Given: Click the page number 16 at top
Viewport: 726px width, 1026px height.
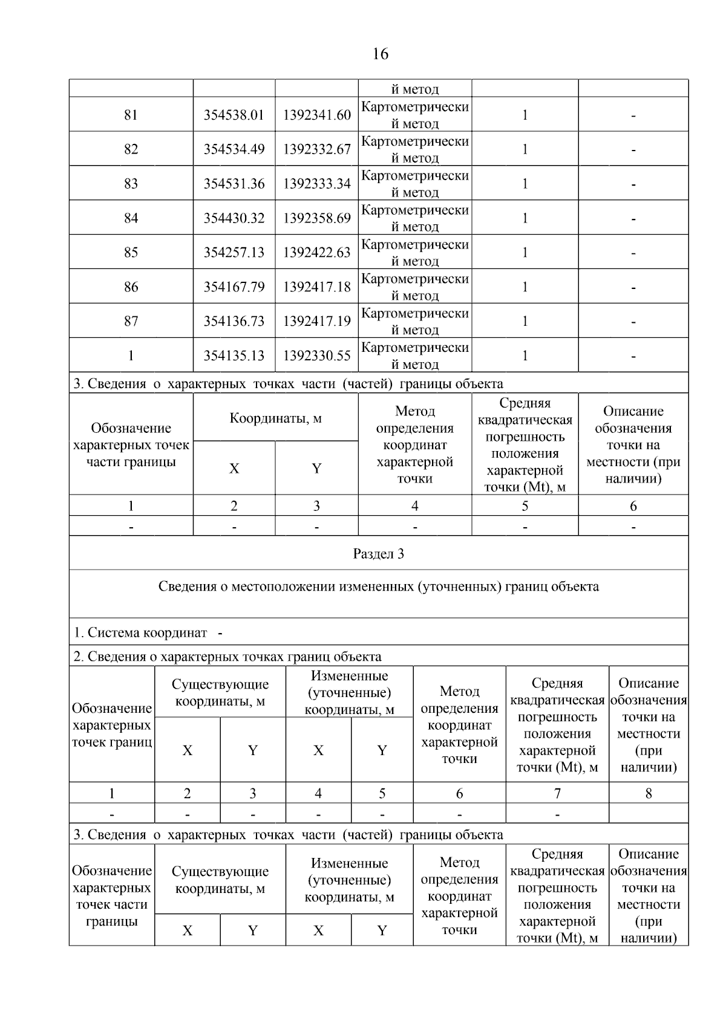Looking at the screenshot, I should click(380, 54).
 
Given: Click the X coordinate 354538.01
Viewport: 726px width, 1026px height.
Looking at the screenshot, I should click(234, 115).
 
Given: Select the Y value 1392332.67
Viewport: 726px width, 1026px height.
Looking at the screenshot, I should click(316, 149).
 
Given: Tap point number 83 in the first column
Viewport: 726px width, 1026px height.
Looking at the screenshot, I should click(131, 184).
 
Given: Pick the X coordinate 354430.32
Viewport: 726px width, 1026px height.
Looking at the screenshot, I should click(234, 218).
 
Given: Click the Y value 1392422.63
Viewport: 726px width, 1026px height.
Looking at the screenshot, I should click(316, 253).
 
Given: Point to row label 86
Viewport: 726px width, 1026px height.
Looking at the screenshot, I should click(131, 287).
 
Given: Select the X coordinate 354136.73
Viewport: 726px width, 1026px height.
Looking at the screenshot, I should click(234, 322).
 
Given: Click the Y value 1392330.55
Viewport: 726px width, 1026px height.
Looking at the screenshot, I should click(316, 356).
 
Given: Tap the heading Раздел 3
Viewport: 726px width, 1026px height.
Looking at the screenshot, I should click(378, 554).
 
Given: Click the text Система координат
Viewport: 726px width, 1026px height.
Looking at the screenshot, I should click(147, 633).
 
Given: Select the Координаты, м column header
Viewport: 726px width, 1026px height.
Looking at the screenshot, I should click(275, 418).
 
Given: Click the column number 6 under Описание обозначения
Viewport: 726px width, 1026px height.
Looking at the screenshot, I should click(633, 506).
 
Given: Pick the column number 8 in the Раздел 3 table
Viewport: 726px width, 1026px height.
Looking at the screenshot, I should click(649, 793).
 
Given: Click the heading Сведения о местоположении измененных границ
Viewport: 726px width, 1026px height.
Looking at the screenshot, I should click(378, 586).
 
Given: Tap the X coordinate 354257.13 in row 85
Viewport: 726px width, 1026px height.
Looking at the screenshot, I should click(234, 253).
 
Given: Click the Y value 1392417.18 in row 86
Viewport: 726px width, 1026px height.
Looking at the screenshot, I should click(316, 287).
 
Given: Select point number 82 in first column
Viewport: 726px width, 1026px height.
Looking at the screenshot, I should click(131, 149).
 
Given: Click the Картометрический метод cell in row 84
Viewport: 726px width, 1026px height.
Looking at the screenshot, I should click(414, 218).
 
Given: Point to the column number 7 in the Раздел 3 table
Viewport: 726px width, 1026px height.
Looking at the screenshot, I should click(557, 793).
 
